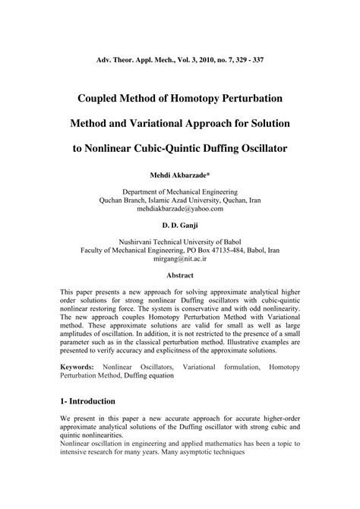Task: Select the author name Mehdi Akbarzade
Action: tap(178, 175)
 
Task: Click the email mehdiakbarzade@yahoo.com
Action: tap(180, 208)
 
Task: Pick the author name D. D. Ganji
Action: tap(180, 226)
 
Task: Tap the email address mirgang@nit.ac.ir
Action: tap(180, 259)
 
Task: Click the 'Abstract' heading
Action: tap(180, 276)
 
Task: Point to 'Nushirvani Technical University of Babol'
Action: tap(180, 242)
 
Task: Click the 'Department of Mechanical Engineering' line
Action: tap(180, 191)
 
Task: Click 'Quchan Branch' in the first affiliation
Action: tap(125, 200)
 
